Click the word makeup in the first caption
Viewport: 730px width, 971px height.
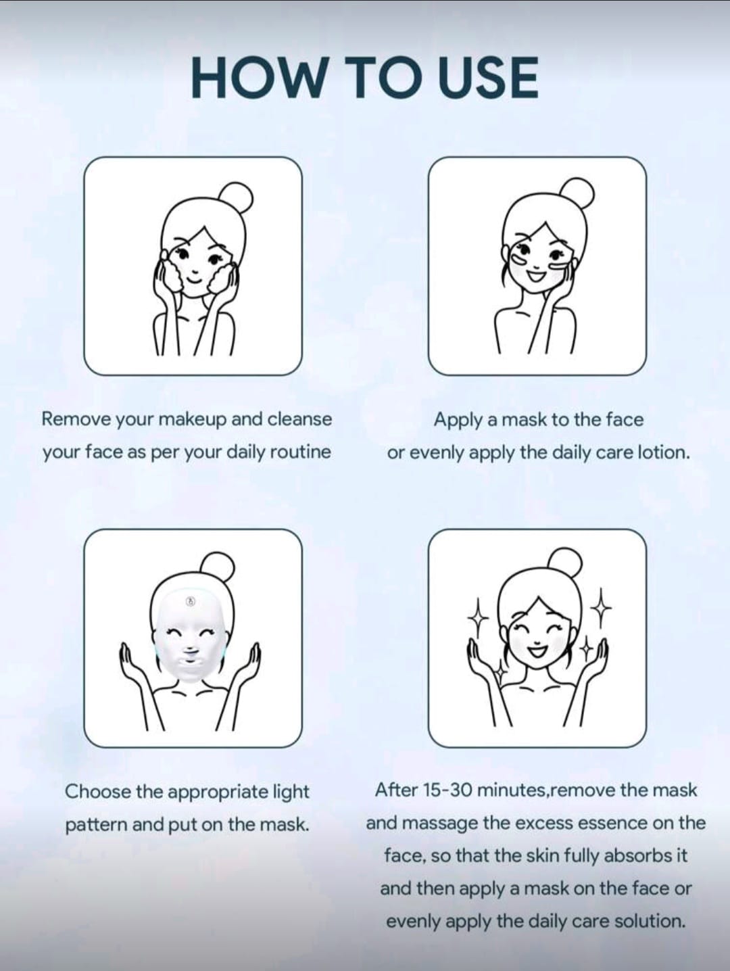pos(193,420)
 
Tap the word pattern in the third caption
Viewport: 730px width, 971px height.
pos(95,825)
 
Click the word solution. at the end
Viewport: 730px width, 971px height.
pos(650,921)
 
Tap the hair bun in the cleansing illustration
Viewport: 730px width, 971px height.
pos(237,199)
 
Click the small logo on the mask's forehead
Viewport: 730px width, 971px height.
pos(190,600)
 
